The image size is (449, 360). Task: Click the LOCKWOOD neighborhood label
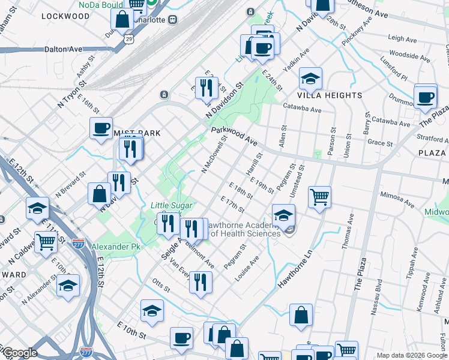pos(65,17)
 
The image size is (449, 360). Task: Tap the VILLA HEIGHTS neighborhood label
pos(330,95)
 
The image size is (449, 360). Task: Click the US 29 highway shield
pos(129,38)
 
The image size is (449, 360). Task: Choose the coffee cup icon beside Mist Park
pos(101,128)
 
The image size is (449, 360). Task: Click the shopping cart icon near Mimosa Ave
pos(320,197)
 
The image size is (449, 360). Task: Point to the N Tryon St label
pos(68,95)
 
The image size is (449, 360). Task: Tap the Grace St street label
pos(379,143)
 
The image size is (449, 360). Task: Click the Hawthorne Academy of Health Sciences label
pos(244,229)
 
